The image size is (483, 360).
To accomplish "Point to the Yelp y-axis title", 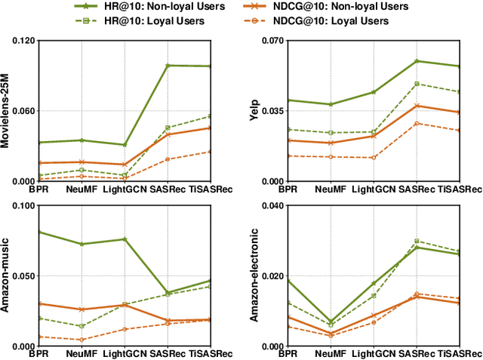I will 257,111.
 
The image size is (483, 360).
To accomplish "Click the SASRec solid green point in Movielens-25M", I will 168,66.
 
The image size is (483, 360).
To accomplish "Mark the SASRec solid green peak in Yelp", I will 417,61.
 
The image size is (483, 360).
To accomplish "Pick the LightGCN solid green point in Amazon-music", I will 125,239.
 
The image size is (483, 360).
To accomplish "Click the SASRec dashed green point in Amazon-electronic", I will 417,241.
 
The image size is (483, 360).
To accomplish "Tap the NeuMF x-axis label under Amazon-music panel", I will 82,353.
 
